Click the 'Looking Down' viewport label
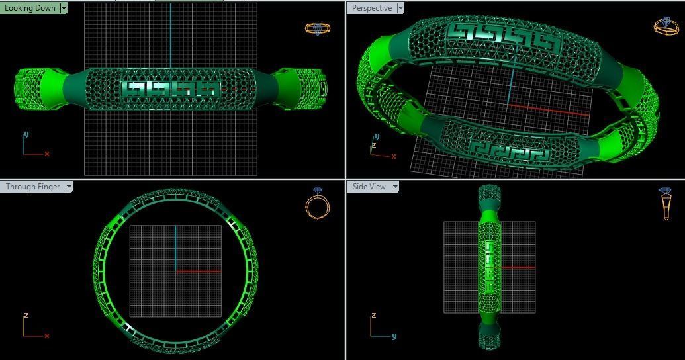point(30,8)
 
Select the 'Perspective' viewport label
point(371,8)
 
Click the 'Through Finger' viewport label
point(32,187)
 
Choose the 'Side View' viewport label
point(369,187)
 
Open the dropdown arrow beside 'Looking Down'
point(64,8)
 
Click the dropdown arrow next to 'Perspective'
point(400,8)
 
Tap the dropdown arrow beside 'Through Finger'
point(68,187)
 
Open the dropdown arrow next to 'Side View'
point(395,187)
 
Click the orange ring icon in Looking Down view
point(317,29)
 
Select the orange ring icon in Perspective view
point(665,26)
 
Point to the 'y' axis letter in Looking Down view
point(26,134)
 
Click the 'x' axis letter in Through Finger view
point(47,336)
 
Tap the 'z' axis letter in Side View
point(374,315)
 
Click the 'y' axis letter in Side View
point(393,336)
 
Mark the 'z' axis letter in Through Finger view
point(26,315)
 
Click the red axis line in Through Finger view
point(198,271)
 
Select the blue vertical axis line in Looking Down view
point(170,33)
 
